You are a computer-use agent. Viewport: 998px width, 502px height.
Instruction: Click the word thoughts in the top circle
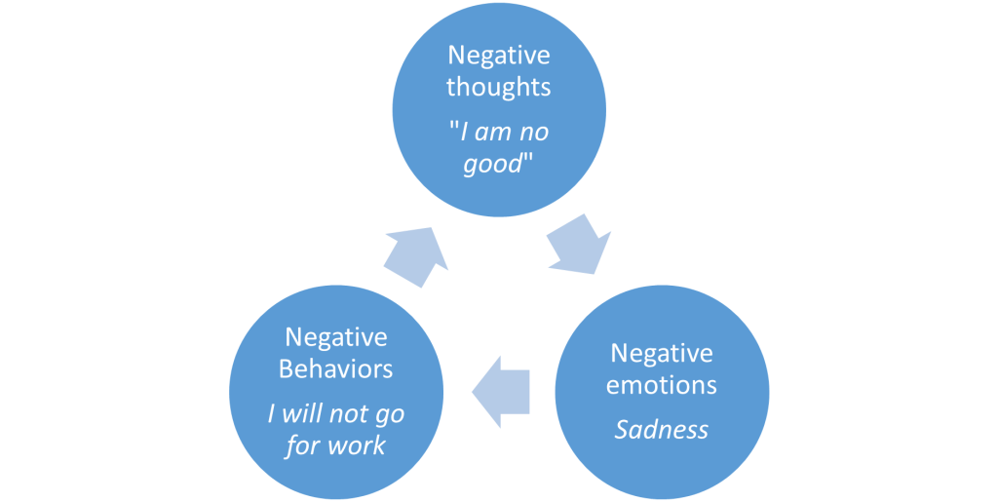click(x=498, y=87)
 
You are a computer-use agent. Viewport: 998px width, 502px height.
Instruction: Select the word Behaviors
click(x=335, y=369)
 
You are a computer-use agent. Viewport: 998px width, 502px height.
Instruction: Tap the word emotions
click(x=661, y=384)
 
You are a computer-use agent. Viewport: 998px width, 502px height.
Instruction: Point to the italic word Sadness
click(x=661, y=430)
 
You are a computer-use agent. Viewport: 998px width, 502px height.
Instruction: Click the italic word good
click(x=493, y=163)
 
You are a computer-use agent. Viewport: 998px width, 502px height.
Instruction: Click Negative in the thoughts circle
click(x=498, y=55)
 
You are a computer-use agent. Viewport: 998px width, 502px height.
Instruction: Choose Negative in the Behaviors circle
click(x=335, y=337)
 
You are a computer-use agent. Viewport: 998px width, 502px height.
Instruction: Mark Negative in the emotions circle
click(x=661, y=352)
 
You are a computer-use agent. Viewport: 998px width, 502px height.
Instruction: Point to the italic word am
click(x=493, y=132)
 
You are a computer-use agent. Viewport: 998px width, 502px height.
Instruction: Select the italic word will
click(x=303, y=414)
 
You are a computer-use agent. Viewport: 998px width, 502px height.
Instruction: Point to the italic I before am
click(x=464, y=132)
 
